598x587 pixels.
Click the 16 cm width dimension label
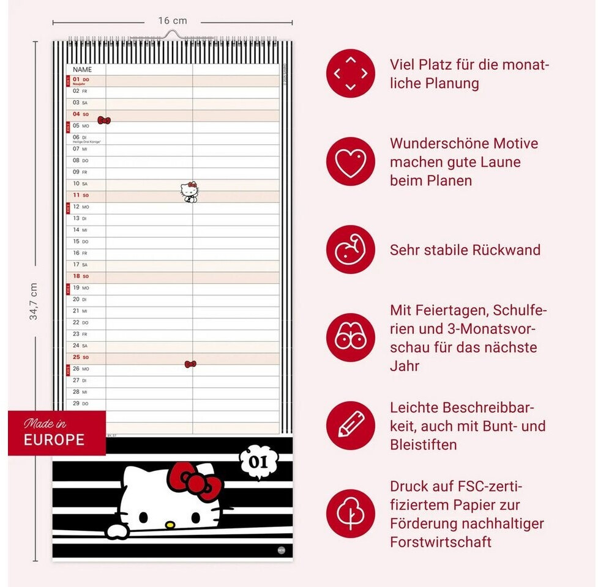(x=172, y=21)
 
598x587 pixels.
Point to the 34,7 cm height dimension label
(x=34, y=301)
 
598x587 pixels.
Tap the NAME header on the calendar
(x=82, y=70)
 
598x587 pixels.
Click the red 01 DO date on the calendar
(x=81, y=79)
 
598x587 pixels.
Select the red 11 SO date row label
(x=81, y=195)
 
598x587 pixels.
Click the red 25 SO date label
(x=81, y=357)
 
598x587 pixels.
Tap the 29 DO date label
(x=81, y=404)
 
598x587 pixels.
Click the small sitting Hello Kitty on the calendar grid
(x=190, y=192)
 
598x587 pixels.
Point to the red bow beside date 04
(x=104, y=120)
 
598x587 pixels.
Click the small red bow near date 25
(x=190, y=364)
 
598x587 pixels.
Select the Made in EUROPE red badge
(x=56, y=433)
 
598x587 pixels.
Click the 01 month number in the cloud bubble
(x=260, y=462)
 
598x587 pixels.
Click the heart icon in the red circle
(x=350, y=161)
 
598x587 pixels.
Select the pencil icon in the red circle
(x=350, y=426)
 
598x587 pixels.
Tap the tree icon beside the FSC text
(x=350, y=514)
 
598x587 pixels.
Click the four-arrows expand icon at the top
(x=350, y=73)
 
